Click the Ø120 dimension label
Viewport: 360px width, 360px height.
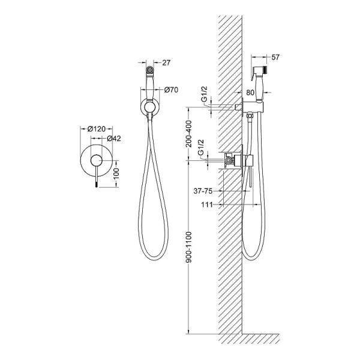click(97, 129)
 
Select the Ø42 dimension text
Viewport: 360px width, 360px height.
click(114, 139)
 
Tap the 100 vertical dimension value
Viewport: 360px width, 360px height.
click(116, 173)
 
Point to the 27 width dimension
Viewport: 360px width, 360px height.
click(166, 62)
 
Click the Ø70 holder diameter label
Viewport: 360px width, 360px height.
click(171, 90)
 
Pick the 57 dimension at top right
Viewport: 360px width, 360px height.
click(275, 57)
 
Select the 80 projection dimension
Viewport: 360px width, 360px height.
click(250, 92)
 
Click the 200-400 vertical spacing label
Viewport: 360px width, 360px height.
click(189, 134)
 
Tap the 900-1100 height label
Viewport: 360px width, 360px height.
click(189, 247)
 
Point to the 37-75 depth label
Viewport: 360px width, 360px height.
click(203, 191)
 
